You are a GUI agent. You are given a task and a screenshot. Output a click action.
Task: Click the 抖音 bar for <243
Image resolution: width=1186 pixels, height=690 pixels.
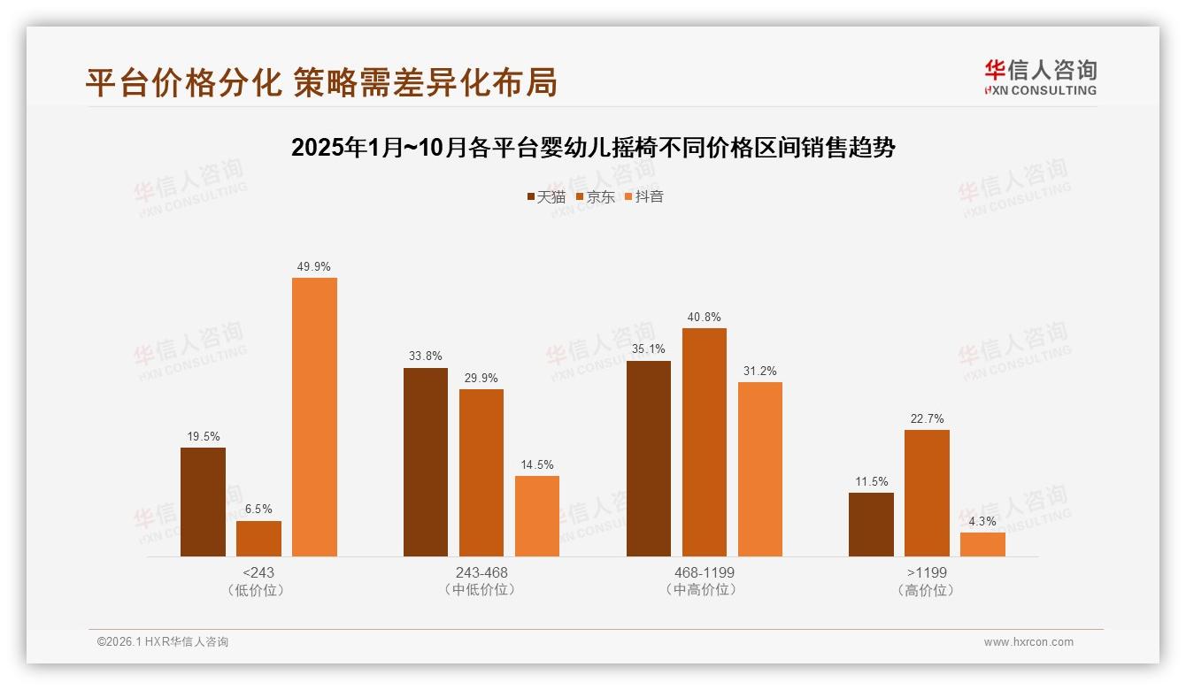pos(314,417)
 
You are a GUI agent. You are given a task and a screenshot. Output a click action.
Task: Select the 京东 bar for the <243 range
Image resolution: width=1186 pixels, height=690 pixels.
pos(258,539)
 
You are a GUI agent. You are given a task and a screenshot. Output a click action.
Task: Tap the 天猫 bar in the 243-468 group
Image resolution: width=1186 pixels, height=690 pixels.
pos(426,462)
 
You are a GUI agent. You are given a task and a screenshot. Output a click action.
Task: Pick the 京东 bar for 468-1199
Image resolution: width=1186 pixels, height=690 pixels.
pos(705,442)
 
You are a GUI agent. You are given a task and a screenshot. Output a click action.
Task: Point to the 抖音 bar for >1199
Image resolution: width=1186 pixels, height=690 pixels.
pos(982,544)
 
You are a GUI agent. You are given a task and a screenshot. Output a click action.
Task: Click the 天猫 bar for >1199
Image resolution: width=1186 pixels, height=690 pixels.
pos(871,525)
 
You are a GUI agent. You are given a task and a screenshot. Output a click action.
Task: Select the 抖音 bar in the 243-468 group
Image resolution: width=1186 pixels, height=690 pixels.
pos(537,516)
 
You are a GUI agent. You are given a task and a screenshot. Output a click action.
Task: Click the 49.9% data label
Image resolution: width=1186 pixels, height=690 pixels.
pos(314,266)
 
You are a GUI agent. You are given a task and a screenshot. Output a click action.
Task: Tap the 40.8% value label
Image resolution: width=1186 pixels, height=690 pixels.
pos(705,317)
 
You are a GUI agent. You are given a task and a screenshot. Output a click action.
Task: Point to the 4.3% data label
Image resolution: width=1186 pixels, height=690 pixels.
pos(982,521)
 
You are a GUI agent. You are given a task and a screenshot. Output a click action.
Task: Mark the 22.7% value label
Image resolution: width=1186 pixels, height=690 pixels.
pos(927,418)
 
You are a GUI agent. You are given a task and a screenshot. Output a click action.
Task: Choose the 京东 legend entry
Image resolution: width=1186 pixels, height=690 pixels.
pos(595,196)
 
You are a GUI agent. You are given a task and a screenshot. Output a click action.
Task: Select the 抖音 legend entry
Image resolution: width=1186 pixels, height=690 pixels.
pos(643,196)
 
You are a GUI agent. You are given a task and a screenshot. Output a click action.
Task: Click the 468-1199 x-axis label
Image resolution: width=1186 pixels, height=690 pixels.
pos(705,572)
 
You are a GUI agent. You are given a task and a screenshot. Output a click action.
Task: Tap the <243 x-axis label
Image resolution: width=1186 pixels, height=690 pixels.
pos(258,572)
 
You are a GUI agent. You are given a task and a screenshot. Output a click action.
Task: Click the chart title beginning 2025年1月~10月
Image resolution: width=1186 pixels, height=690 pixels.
pos(593,148)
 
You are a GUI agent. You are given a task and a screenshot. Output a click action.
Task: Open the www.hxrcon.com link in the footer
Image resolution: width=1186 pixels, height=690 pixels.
pos(1028,642)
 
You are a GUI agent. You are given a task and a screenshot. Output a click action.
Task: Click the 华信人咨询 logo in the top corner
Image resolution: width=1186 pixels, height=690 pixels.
pos(1040,77)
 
